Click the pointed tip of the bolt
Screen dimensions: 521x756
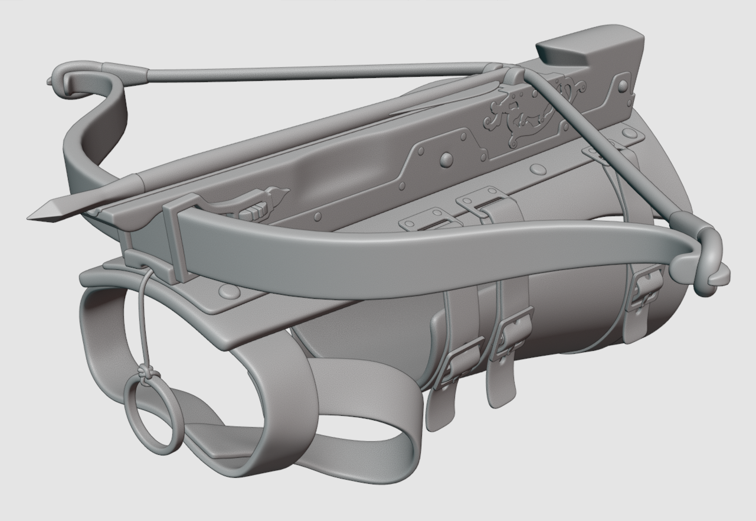[x=37, y=216]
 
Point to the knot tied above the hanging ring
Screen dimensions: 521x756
[x=145, y=373]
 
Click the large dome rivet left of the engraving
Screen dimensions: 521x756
[x=447, y=158]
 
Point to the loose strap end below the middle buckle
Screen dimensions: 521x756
[x=502, y=387]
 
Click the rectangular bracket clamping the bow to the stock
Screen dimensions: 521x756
[x=177, y=236]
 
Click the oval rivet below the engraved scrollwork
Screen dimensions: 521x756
[x=538, y=170]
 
